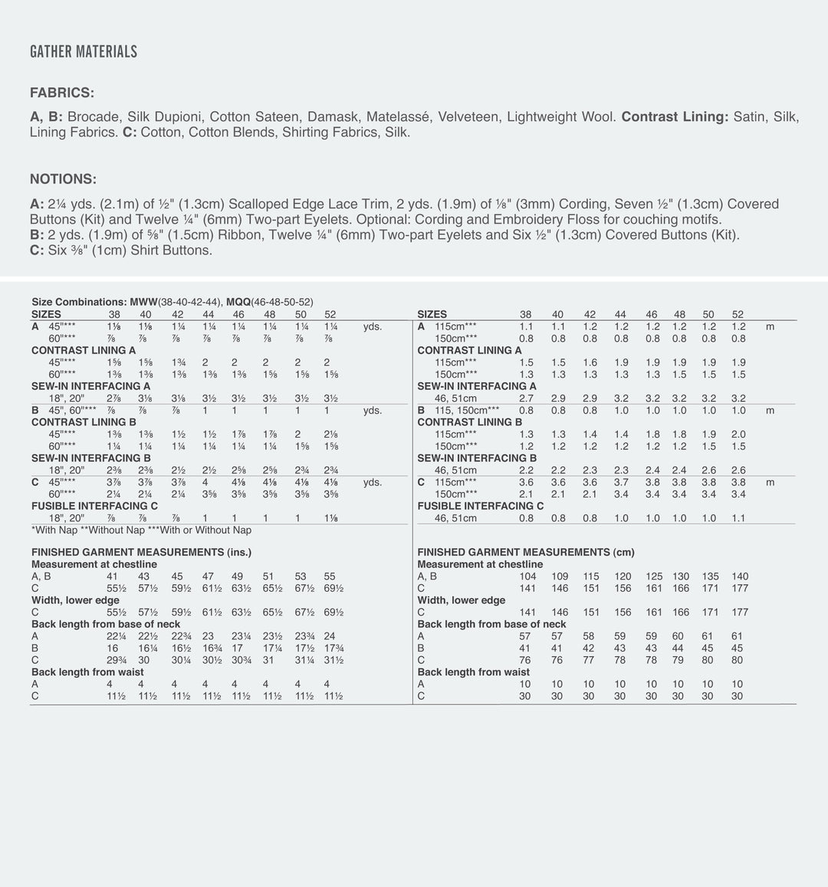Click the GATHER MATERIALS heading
tap(84, 52)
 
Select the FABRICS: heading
tap(62, 93)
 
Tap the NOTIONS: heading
tap(63, 179)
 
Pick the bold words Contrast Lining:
tap(675, 117)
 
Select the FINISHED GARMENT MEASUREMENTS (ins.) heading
tap(141, 552)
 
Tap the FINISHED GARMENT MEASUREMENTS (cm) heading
tap(526, 552)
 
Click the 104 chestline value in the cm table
tap(527, 577)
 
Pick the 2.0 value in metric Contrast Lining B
tap(738, 434)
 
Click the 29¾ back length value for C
tap(116, 660)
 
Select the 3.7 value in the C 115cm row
tap(621, 482)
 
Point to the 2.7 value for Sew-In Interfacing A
tap(526, 399)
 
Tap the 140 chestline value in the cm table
tap(739, 577)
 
